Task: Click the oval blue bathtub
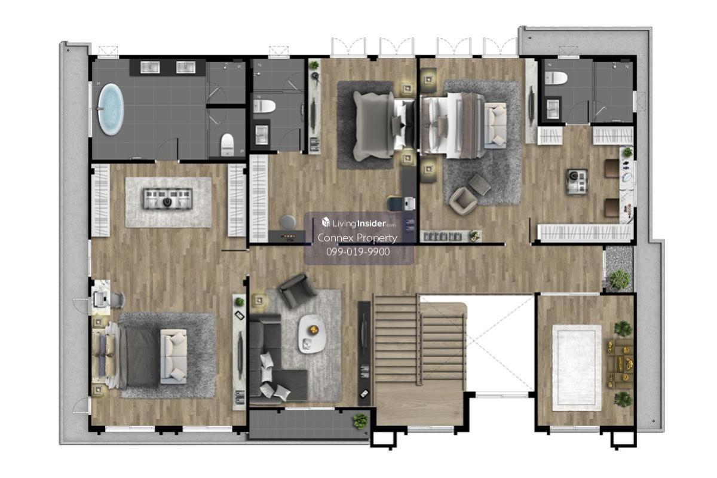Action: coord(111,109)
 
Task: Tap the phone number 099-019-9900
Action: coord(358,252)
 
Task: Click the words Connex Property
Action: coord(357,238)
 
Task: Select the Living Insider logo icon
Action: coord(326,222)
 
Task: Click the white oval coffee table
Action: coord(312,334)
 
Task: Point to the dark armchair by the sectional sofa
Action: coord(296,290)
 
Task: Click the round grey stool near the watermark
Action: coord(288,222)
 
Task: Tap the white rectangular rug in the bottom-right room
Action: coord(577,368)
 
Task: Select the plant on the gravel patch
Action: coord(620,278)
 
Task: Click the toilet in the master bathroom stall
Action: coord(228,144)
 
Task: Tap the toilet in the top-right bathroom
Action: coord(556,78)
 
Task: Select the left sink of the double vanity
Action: coord(150,68)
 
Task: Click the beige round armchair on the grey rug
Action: coord(463,201)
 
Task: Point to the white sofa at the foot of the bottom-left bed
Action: coord(173,356)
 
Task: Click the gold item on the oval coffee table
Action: coord(314,329)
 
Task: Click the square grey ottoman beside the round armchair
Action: coord(479,185)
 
